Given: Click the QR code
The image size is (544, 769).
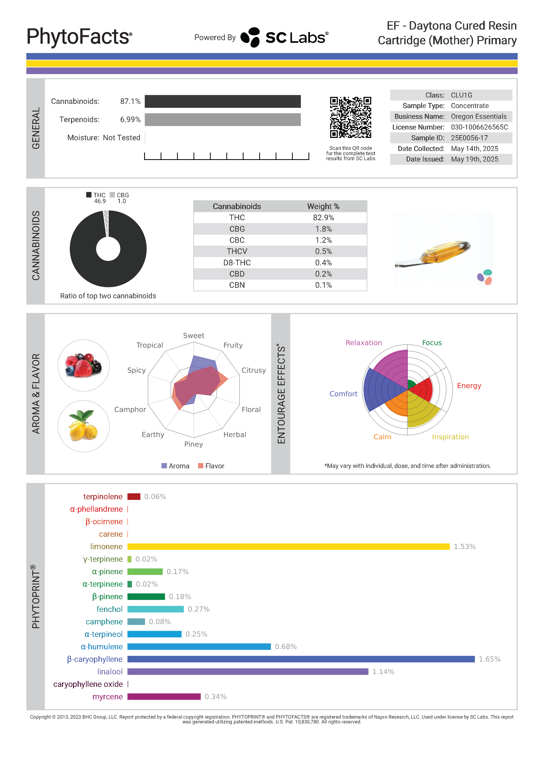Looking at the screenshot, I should [x=350, y=117].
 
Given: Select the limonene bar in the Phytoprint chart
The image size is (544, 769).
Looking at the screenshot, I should [x=288, y=547].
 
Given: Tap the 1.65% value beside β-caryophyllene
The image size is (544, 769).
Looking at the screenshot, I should [x=489, y=659].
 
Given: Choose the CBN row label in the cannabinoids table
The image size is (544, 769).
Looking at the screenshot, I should [x=237, y=285].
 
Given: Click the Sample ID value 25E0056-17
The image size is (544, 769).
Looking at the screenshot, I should [x=469, y=138].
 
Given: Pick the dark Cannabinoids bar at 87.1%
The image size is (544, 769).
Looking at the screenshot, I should [x=223, y=101].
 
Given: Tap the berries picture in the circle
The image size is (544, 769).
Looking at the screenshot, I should [x=83, y=365].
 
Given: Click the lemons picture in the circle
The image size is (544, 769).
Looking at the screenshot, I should [x=83, y=426].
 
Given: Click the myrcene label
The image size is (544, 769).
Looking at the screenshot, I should [x=107, y=697].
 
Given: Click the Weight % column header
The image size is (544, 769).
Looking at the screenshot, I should [x=323, y=206].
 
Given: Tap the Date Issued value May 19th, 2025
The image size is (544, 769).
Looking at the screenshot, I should [x=474, y=159].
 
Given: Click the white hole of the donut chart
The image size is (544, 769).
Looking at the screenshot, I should [x=108, y=249].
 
